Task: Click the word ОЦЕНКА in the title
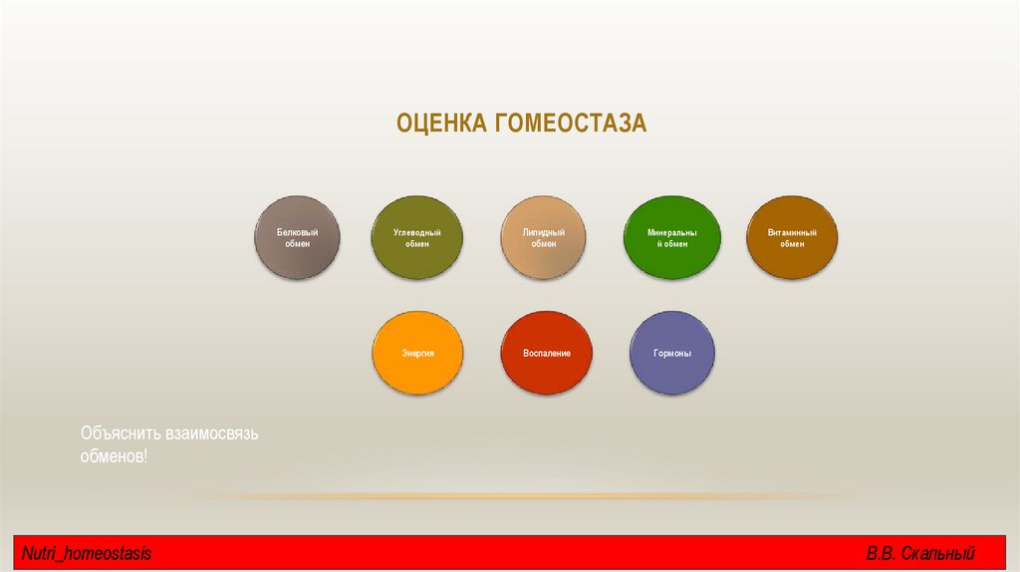pos(440,124)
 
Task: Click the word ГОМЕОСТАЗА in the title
pos(569,124)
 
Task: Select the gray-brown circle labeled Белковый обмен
pos(298,237)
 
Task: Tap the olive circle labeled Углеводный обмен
pos(416,237)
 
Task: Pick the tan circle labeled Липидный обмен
pos(543,237)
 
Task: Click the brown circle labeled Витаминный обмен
pos(792,237)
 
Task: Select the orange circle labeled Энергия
pos(416,353)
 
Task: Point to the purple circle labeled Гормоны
pos(673,353)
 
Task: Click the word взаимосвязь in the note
pos(212,434)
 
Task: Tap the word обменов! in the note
pos(114,455)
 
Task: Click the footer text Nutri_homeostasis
pos(87,553)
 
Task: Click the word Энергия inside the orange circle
pos(416,354)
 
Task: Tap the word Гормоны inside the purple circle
pos(673,354)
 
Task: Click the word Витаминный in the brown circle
pos(792,232)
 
